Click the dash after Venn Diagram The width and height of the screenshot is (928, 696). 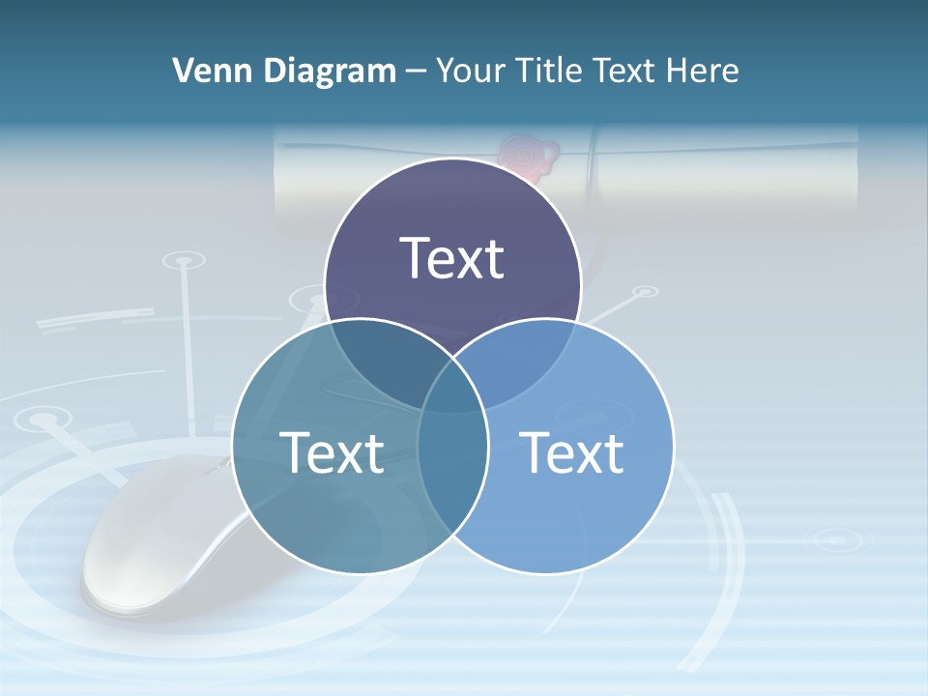point(416,72)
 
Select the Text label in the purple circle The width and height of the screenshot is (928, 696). point(452,258)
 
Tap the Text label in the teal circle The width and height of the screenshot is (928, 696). point(332,451)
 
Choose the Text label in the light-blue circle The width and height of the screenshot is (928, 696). point(572,451)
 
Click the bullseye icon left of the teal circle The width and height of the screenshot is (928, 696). point(43,420)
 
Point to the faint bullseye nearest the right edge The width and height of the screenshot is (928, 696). point(832,539)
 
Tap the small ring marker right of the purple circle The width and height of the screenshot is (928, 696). point(643,290)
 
